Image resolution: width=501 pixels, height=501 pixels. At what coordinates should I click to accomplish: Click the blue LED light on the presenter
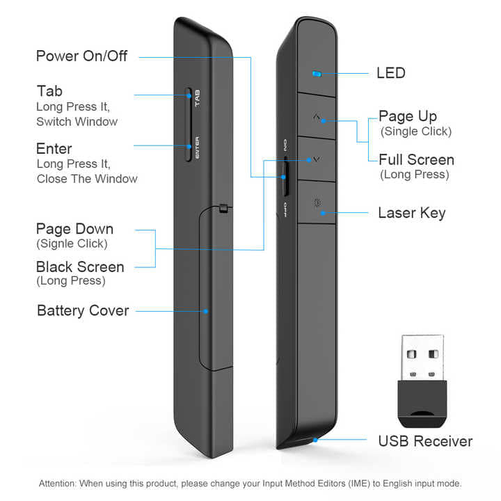click(317, 73)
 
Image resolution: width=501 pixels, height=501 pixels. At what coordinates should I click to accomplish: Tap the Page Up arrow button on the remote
click(317, 118)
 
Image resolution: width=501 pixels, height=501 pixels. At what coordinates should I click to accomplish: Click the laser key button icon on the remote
click(318, 204)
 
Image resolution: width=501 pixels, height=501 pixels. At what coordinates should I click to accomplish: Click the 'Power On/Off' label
click(81, 56)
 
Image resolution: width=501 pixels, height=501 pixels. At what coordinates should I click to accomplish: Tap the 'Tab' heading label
click(49, 92)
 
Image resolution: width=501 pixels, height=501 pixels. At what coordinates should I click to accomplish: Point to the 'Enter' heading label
click(54, 149)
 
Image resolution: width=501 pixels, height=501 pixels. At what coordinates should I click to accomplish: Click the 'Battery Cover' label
click(83, 310)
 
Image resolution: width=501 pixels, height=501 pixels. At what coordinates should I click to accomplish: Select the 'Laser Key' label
click(411, 212)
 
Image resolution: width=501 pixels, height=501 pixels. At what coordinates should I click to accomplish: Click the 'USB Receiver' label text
click(425, 441)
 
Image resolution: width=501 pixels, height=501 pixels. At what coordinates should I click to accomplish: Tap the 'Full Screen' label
click(416, 159)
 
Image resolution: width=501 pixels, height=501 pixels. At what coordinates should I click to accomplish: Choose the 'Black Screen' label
click(80, 267)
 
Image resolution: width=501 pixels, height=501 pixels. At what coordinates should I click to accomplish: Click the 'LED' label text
click(390, 73)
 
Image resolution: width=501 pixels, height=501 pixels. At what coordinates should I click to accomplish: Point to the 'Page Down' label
click(74, 228)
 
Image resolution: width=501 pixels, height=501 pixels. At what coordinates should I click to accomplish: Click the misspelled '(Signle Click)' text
click(72, 244)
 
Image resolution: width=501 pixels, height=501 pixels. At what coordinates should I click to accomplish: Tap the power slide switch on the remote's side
click(285, 176)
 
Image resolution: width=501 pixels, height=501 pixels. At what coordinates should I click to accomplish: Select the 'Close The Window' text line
click(87, 179)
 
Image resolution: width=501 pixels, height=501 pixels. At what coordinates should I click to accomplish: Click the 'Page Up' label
click(408, 116)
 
